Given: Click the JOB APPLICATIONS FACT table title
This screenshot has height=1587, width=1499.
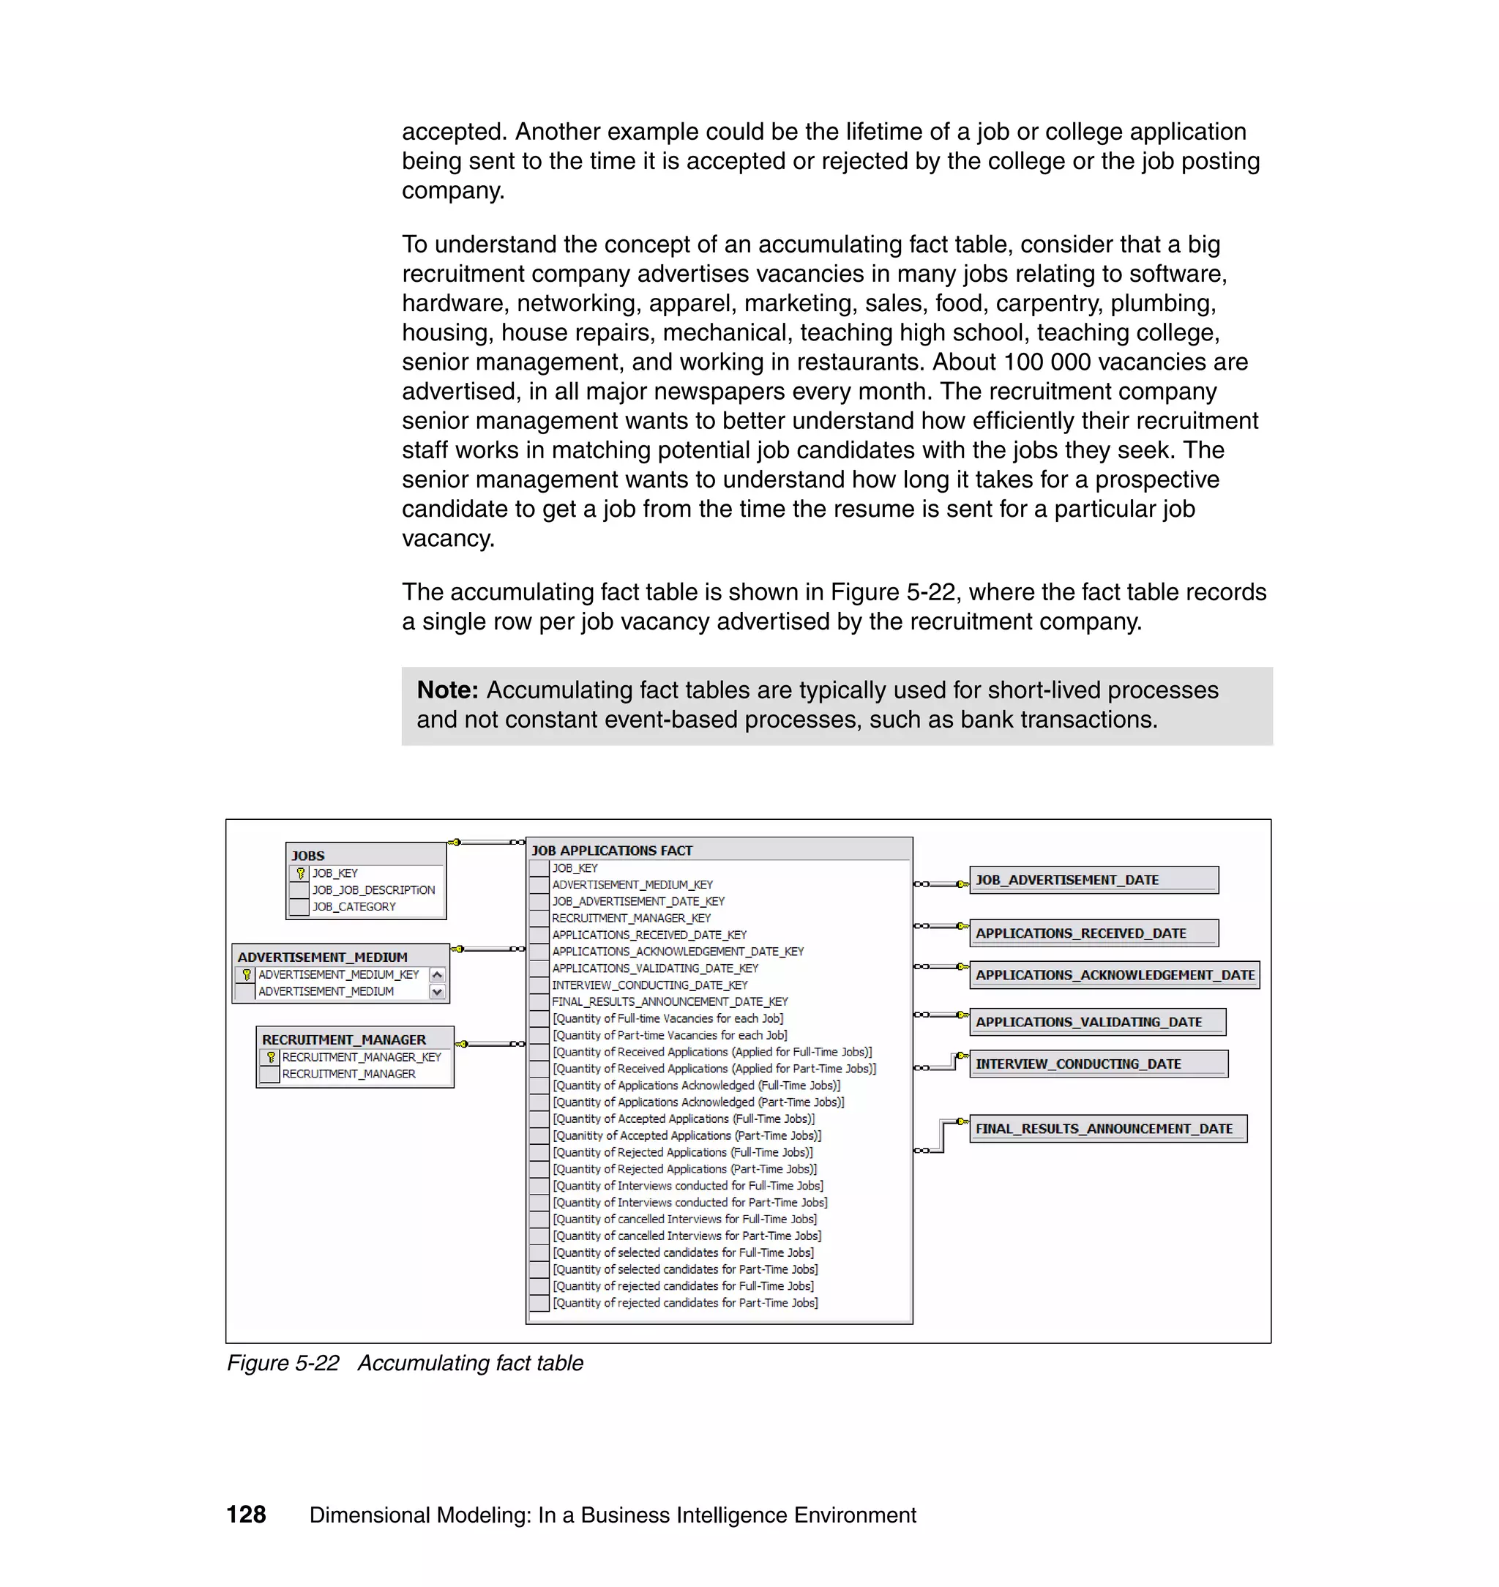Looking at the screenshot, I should [x=612, y=851].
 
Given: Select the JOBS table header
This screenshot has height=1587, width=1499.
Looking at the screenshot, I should [x=308, y=855].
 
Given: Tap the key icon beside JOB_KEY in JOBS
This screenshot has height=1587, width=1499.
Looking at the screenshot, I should [x=300, y=873].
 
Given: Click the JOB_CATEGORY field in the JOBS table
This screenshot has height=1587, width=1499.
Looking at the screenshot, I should [x=354, y=907].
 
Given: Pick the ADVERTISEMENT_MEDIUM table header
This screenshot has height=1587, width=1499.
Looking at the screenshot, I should [x=323, y=957].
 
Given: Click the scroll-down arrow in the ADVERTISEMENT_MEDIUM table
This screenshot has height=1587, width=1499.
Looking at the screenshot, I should [x=437, y=992].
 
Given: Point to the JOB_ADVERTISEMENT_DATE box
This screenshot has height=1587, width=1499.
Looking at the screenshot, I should [x=1093, y=880].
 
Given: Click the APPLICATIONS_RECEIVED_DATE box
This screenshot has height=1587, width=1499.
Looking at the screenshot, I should [x=1093, y=933].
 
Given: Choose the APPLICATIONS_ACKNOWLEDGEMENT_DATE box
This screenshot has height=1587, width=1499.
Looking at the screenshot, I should [x=1114, y=975].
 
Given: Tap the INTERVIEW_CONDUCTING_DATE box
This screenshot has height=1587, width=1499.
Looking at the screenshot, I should [x=1098, y=1064].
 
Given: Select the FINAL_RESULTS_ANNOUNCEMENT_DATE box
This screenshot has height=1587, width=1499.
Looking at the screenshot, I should [x=1107, y=1128].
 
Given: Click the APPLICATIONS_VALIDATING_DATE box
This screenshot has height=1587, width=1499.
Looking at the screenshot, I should [x=1097, y=1022].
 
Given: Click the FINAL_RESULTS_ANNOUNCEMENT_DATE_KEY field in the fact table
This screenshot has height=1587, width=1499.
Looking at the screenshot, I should [x=670, y=1001].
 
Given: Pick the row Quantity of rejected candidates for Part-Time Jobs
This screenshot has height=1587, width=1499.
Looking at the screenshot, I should [x=686, y=1302].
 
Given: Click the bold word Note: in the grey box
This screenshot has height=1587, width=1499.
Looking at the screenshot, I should [x=447, y=690].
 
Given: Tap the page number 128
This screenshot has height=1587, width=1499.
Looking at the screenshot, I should [x=246, y=1515].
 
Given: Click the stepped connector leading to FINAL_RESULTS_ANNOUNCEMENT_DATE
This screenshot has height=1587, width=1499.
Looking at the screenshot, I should [x=943, y=1135].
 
